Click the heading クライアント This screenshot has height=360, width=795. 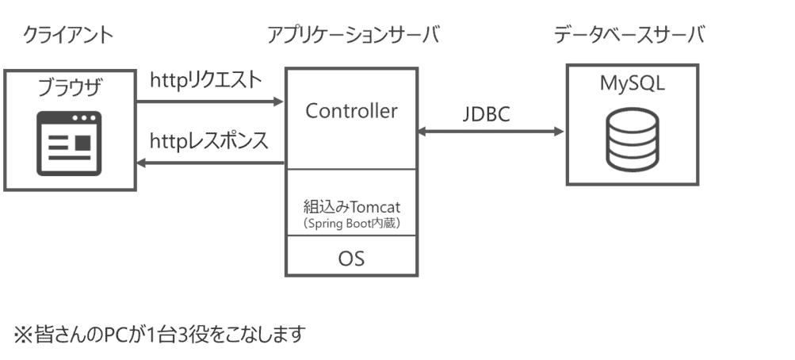point(67,36)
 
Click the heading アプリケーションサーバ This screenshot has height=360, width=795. point(353,36)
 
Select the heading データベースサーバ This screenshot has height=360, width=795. point(629,35)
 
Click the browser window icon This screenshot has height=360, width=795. point(69,144)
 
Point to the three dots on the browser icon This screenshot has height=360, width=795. point(85,119)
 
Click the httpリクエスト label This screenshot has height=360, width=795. point(205,80)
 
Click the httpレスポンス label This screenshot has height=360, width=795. point(209,141)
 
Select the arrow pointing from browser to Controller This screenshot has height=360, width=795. point(210,102)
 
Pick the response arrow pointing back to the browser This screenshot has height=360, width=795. point(210,163)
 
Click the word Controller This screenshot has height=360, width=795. point(351,111)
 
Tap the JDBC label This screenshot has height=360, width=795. point(486,114)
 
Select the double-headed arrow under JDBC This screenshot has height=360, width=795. point(490,132)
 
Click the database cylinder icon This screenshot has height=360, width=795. point(632,140)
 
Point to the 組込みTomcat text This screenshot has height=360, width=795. point(351,209)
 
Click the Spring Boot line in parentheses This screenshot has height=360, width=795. point(351,225)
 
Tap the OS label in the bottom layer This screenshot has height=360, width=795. point(351,258)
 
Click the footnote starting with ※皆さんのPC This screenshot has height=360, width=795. point(159,335)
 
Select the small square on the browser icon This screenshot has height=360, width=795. point(82,143)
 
